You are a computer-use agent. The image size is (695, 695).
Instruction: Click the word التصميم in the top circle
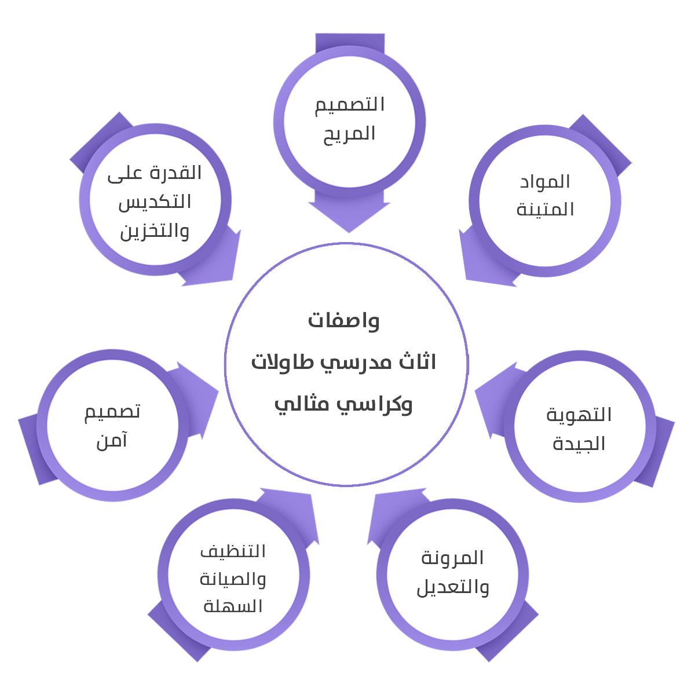[x=350, y=105]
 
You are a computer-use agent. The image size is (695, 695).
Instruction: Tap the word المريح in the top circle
[x=350, y=134]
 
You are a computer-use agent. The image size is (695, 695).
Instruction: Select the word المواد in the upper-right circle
[x=545, y=182]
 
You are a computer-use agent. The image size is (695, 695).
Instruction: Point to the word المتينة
[x=545, y=209]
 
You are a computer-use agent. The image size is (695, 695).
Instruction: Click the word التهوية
[x=579, y=415]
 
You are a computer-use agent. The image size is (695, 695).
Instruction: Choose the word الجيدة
[x=579, y=444]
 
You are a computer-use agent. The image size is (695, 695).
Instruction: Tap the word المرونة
[x=452, y=558]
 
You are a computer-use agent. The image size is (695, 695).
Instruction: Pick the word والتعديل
[x=452, y=587]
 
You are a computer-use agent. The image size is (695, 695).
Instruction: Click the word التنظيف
[x=233, y=551]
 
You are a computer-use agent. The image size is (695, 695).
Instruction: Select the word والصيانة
[x=233, y=579]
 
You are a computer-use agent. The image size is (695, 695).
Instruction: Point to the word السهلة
[x=233, y=606]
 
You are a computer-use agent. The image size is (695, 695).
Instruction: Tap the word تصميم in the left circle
[x=112, y=412]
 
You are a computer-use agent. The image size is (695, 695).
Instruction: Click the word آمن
[x=112, y=441]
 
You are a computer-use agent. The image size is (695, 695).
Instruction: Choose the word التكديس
[x=155, y=202]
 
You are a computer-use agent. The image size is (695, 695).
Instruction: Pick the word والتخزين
[x=155, y=232]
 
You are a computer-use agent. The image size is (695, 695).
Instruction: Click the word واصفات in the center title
[x=344, y=320]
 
